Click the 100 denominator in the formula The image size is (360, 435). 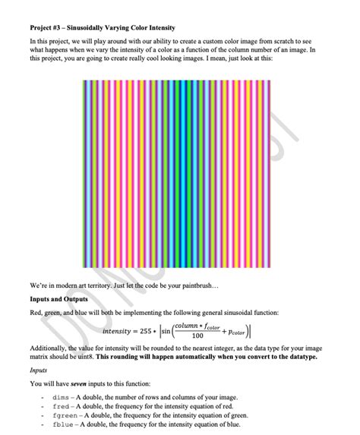click(x=197, y=337)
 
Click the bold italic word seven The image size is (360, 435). click(x=74, y=385)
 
